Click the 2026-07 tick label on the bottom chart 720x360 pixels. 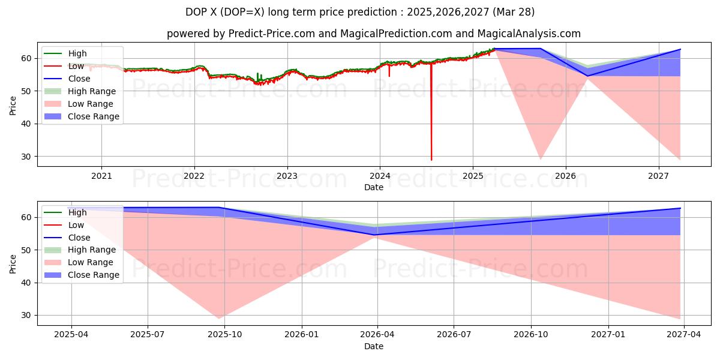[x=454, y=335]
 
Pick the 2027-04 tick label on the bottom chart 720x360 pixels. [x=685, y=335]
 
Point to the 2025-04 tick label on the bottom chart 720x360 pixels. [x=71, y=335]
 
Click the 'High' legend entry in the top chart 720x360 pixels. [x=77, y=53]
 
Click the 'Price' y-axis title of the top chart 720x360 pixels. [x=13, y=105]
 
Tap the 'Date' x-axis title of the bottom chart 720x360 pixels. [x=374, y=346]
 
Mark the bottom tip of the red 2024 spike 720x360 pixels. [x=431, y=160]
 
